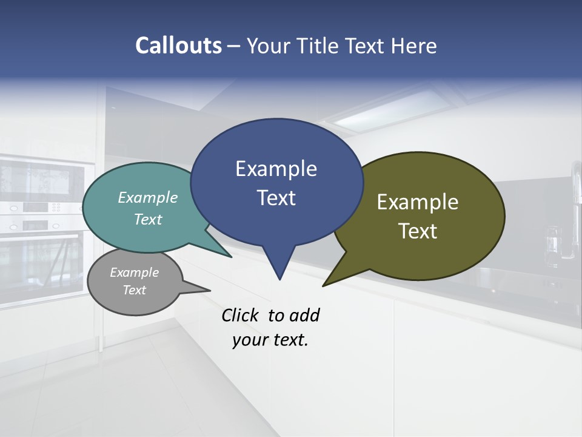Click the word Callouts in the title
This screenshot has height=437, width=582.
click(178, 46)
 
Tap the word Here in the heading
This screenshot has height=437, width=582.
click(413, 46)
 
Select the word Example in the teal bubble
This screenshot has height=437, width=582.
click(148, 197)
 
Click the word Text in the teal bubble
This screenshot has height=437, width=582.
click(148, 219)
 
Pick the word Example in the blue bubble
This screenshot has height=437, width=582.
click(276, 169)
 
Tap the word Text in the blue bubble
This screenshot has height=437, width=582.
click(276, 197)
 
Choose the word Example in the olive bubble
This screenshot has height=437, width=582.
click(418, 202)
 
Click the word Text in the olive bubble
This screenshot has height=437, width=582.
click(418, 231)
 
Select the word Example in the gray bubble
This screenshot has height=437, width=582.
click(134, 273)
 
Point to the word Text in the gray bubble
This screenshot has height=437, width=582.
click(134, 290)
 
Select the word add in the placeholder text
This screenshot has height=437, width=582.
click(304, 315)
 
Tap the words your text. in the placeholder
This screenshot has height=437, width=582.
click(270, 340)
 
